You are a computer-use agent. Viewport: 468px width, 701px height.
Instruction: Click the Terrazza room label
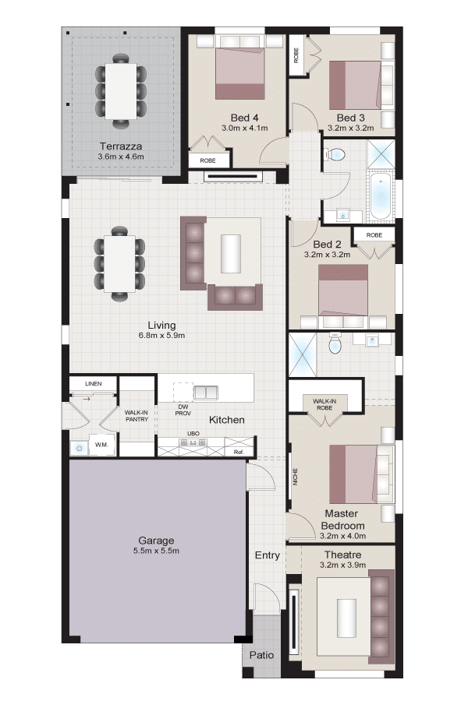pos(121,146)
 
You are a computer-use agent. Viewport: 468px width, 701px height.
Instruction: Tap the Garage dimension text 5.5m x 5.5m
pos(156,551)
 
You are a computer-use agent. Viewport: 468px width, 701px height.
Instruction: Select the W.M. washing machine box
pos(101,446)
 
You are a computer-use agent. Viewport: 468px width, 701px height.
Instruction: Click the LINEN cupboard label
pos(93,383)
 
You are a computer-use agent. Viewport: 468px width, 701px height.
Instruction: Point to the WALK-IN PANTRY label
pos(136,416)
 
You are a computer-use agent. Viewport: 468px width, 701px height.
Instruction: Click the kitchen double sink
pos(206,392)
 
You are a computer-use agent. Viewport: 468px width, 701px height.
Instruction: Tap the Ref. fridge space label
pos(239,452)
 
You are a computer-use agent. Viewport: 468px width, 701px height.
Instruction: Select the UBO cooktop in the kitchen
pos(193,442)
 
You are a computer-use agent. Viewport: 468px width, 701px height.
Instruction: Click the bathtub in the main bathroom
pos(381,196)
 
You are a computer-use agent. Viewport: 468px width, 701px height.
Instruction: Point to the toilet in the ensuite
pos(335,343)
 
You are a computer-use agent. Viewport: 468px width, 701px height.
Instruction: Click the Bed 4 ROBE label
pos(207,160)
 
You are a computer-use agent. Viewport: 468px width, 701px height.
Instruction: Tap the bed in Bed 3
pos(355,85)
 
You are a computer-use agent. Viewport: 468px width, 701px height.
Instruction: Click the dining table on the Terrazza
pos(120,91)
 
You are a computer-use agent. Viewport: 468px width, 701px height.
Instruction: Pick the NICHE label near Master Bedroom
pos(295,476)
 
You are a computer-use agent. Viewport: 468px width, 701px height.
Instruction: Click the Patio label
pos(261,655)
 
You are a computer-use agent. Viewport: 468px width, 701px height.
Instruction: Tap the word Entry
pos(268,555)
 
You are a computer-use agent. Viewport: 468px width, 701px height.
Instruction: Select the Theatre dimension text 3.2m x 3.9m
pos(342,565)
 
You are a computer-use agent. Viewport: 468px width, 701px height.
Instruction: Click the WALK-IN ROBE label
pos(324,404)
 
